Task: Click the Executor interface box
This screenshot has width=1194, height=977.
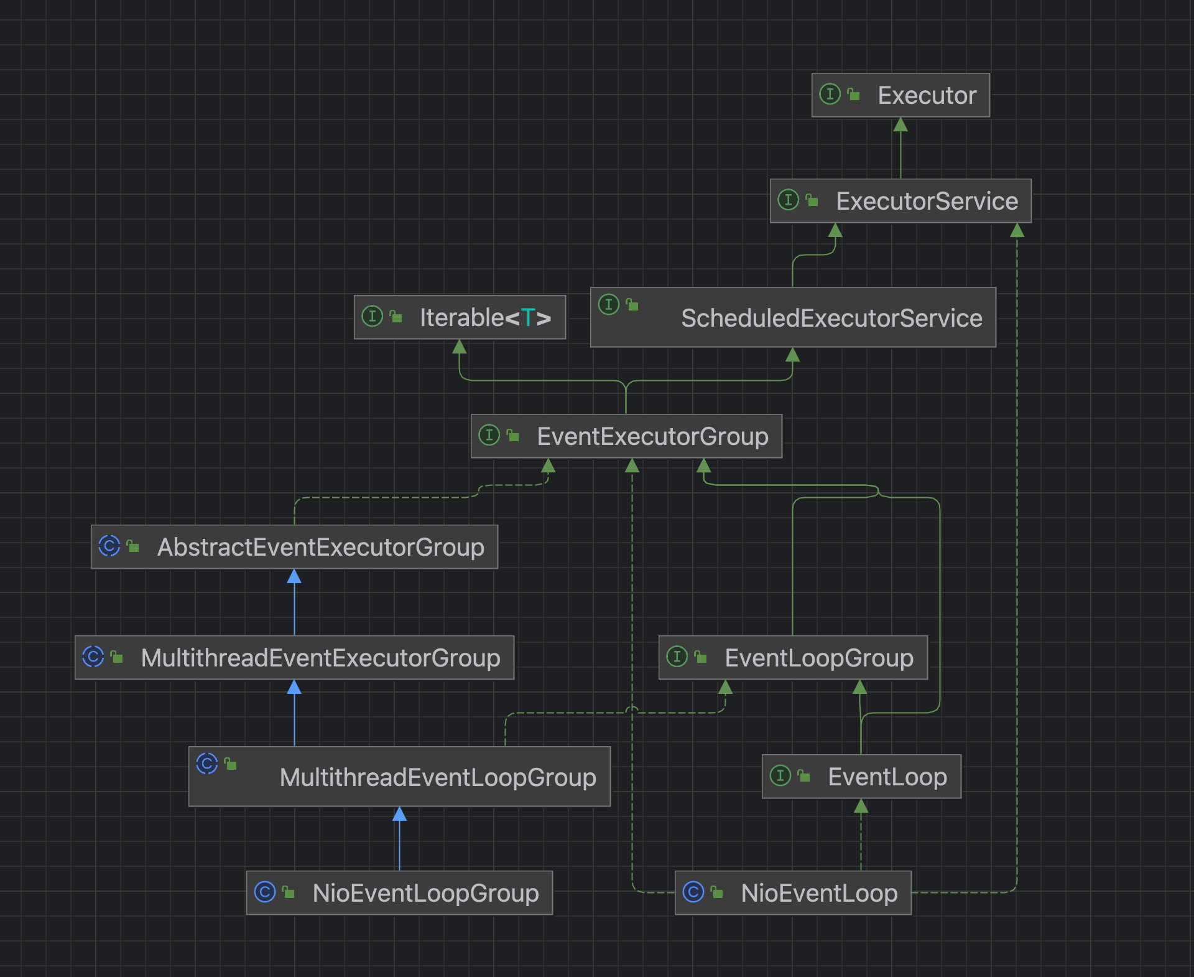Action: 900,95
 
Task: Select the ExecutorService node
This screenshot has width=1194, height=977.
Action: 900,201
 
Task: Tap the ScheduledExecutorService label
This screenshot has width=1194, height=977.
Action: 831,318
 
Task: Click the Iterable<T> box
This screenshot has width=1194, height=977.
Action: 460,317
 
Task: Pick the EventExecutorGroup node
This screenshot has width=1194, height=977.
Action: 626,436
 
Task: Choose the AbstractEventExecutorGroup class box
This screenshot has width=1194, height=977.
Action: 294,547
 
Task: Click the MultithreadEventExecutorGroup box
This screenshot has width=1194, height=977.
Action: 294,658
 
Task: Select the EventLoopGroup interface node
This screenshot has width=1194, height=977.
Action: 793,658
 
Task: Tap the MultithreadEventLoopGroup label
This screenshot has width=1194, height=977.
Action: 438,777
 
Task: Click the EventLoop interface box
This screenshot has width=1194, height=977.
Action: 861,777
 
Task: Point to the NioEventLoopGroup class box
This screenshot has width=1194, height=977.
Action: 399,893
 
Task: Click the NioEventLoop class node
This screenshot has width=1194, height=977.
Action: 793,893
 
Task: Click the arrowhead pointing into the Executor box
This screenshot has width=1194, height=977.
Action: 900,125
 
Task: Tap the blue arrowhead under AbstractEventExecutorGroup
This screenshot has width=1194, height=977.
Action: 294,576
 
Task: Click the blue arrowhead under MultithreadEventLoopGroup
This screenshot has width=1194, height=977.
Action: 399,814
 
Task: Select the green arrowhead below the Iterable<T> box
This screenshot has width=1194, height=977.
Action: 460,347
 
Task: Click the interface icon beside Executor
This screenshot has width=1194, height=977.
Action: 830,94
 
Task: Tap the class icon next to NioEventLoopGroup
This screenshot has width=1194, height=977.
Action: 265,892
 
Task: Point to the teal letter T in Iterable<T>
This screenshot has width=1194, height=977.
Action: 527,317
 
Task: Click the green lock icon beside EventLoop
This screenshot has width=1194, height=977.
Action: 803,775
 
